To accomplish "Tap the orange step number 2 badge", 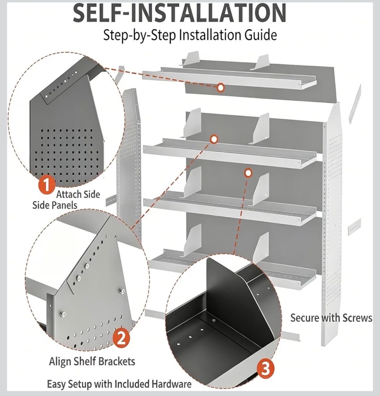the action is pos(121,339).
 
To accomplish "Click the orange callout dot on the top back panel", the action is pos(220,88).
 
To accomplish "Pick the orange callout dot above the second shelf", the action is pos(214,139).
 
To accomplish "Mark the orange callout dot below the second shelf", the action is pos(248,173).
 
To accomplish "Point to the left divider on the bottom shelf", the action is pos(192,240).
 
